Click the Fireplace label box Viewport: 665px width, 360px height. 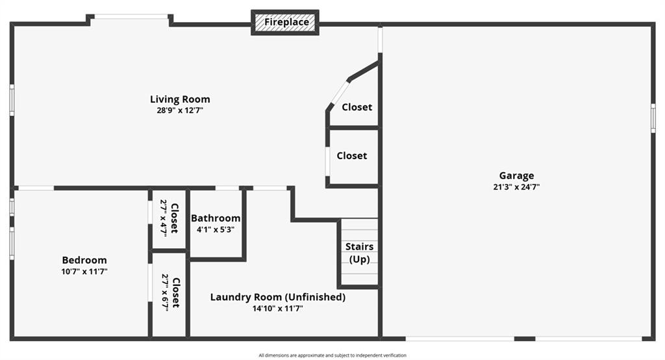click(x=285, y=23)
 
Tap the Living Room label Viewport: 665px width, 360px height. click(x=180, y=99)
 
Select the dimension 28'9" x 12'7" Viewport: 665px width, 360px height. click(x=180, y=110)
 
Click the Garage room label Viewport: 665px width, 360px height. click(x=516, y=175)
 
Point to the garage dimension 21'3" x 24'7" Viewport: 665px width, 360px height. click(x=516, y=186)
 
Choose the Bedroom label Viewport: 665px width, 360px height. click(x=84, y=260)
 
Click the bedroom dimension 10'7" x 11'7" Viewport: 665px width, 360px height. click(x=84, y=271)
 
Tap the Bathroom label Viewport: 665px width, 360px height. click(x=216, y=218)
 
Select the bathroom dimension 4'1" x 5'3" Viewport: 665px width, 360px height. click(x=216, y=229)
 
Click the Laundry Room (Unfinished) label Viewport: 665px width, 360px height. click(x=278, y=297)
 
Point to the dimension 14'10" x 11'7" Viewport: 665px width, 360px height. click(x=278, y=309)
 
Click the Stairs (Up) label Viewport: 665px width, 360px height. click(x=359, y=253)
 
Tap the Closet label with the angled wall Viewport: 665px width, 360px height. click(x=357, y=107)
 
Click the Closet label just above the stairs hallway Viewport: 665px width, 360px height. click(x=351, y=156)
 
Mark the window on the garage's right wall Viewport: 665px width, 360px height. click(x=653, y=118)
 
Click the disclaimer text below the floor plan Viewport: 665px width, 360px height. click(x=332, y=355)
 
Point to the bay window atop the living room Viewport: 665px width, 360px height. click(x=131, y=17)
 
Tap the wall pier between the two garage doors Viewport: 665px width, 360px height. click(x=525, y=339)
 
